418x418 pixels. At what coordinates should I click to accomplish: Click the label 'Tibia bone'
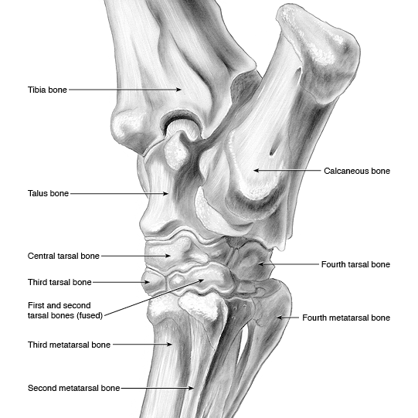click(x=47, y=90)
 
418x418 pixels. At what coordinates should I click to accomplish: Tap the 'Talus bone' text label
click(x=48, y=193)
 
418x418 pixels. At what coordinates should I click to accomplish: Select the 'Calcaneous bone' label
click(x=357, y=171)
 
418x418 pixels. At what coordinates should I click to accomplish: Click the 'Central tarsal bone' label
click(x=63, y=256)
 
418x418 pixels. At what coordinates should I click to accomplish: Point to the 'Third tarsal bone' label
click(x=59, y=282)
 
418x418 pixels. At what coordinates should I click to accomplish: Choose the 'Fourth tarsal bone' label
click(x=355, y=264)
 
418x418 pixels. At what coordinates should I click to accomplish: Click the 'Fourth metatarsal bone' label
click(x=346, y=318)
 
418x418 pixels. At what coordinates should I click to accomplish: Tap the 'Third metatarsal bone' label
click(x=69, y=345)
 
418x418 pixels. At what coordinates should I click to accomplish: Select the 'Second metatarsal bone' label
click(x=74, y=388)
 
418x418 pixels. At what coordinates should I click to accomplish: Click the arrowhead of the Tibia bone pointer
click(x=179, y=90)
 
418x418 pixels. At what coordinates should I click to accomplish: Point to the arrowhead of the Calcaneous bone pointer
click(x=257, y=170)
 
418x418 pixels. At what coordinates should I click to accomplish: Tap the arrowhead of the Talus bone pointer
click(x=165, y=193)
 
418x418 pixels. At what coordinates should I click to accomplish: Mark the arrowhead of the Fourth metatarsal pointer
click(x=280, y=318)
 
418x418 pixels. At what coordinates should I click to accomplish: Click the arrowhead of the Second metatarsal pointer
click(x=192, y=388)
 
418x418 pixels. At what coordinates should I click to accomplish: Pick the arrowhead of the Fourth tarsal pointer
click(x=261, y=264)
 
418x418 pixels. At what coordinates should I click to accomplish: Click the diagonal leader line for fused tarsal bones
click(x=154, y=297)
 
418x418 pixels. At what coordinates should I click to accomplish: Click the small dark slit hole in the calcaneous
click(x=273, y=151)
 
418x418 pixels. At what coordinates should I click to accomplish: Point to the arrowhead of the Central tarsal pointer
click(x=168, y=256)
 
